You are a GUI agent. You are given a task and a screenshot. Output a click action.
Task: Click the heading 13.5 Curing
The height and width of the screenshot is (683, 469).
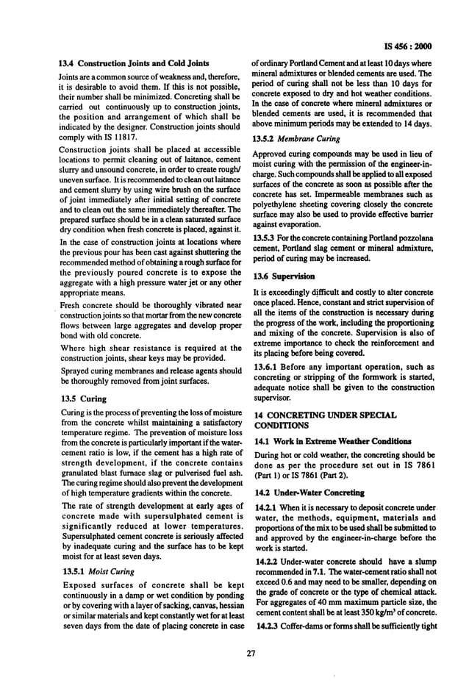[82, 398]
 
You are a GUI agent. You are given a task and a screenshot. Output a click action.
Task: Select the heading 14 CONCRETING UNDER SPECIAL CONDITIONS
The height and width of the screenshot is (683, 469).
[323, 420]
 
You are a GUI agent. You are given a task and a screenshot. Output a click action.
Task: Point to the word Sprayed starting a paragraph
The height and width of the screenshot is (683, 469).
[76, 371]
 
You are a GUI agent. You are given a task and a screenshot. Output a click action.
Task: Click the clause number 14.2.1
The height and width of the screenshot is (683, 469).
[268, 507]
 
